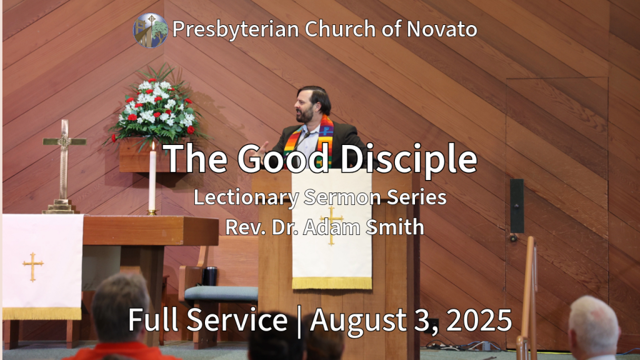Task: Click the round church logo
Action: click(150, 31)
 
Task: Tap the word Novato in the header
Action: click(442, 29)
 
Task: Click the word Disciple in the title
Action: click(409, 158)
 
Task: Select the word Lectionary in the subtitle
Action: click(246, 197)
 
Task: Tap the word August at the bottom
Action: click(355, 321)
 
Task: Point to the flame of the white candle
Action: click(153, 146)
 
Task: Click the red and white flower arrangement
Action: click(157, 107)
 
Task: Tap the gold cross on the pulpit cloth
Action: click(331, 225)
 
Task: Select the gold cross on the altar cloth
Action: click(33, 266)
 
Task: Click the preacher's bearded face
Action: click(305, 107)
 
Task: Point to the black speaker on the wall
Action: click(517, 206)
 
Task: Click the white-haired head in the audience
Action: click(594, 325)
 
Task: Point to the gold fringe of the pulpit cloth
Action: click(332, 283)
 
